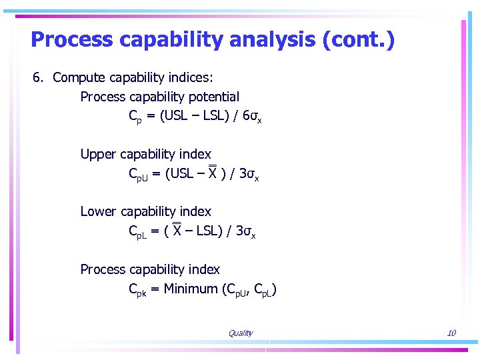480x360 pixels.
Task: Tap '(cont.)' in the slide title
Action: coord(358,40)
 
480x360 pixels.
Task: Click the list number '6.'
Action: coord(39,77)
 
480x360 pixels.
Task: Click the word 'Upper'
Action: coord(97,154)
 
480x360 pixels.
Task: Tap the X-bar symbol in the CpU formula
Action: coord(212,173)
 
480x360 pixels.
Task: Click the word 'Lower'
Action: coord(98,211)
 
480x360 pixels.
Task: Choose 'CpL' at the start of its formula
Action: coord(139,232)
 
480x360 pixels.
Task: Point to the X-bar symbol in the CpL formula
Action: coord(177,230)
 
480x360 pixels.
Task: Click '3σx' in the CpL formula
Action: coord(247,231)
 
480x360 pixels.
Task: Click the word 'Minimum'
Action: coord(190,289)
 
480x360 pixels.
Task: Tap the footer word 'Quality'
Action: coord(240,333)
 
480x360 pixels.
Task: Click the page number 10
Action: coord(451,333)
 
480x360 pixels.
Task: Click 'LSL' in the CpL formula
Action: coord(204,231)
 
